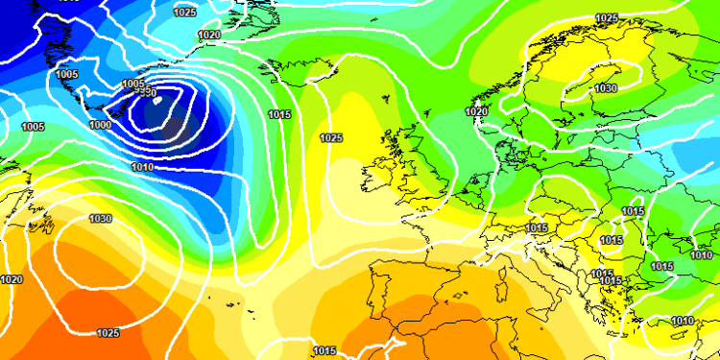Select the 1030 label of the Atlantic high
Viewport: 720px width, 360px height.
(101, 218)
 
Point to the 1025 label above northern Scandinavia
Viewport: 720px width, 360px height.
(607, 18)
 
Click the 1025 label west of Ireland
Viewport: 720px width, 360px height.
(331, 137)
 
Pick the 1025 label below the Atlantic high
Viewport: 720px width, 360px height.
(108, 333)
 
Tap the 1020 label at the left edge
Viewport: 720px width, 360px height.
(12, 279)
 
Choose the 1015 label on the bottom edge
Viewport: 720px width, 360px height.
(324, 350)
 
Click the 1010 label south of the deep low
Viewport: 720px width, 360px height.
(143, 167)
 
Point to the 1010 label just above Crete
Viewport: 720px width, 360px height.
(683, 321)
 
